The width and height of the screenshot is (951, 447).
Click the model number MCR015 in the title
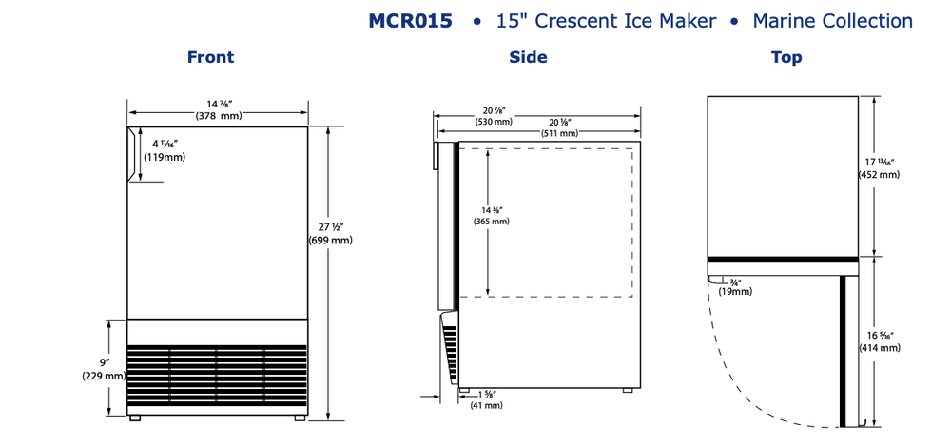(x=410, y=21)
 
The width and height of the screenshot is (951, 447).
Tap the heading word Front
(x=210, y=58)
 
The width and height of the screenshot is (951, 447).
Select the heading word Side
(x=528, y=58)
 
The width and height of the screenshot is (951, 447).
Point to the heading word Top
(x=786, y=58)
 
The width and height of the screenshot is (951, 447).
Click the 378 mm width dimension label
(x=218, y=116)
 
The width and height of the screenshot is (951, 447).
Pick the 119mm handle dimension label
(x=165, y=157)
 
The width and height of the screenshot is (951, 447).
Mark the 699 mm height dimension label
(x=330, y=241)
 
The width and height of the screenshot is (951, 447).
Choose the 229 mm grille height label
(x=104, y=376)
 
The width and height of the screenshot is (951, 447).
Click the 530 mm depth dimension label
(x=494, y=122)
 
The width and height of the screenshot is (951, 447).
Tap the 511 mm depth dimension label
(x=559, y=133)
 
